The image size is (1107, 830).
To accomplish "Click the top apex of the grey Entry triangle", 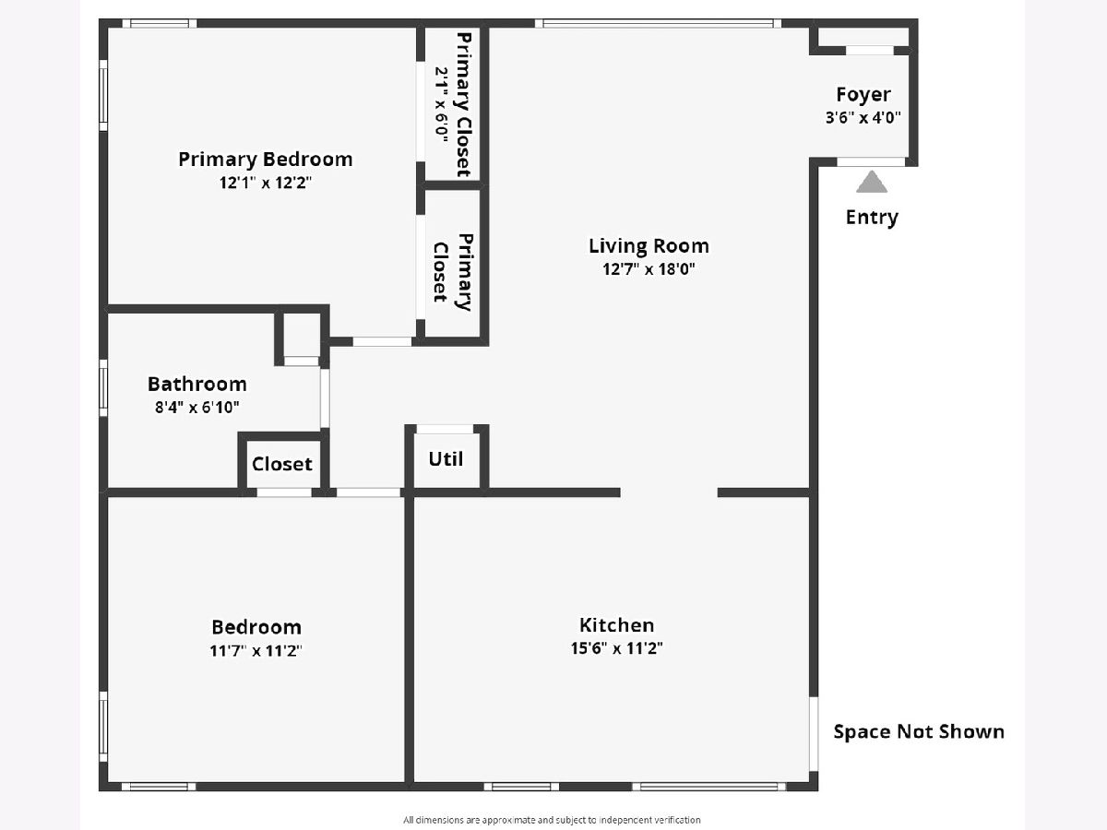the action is pyautogui.click(x=872, y=172).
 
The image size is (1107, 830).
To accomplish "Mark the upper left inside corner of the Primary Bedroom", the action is pyautogui.click(x=108, y=28).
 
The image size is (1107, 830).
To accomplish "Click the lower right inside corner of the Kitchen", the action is pyautogui.click(x=809, y=782).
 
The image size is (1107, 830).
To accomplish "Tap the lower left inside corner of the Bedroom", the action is pyautogui.click(x=108, y=782).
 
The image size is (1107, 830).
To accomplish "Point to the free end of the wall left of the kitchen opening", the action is pyautogui.click(x=620, y=492).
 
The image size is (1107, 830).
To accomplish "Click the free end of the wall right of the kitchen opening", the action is pyautogui.click(x=718, y=492).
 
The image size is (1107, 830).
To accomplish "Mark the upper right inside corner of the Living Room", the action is pyautogui.click(x=809, y=28).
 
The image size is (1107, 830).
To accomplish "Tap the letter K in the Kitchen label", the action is pyautogui.click(x=585, y=625).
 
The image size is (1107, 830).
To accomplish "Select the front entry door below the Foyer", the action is pyautogui.click(x=871, y=161).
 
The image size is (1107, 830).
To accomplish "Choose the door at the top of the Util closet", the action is pyautogui.click(x=445, y=429).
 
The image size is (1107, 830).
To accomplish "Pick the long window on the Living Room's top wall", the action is pyautogui.click(x=658, y=23).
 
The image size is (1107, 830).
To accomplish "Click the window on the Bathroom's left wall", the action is pyautogui.click(x=103, y=387).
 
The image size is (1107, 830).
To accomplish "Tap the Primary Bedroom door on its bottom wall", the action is pyautogui.click(x=382, y=341).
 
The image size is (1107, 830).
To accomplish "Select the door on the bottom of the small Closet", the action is pyautogui.click(x=284, y=492).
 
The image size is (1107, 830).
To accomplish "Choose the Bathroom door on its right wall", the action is pyautogui.click(x=325, y=398).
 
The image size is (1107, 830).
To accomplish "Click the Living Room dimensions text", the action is pyautogui.click(x=649, y=269).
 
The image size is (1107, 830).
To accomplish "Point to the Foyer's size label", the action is pyautogui.click(x=863, y=118).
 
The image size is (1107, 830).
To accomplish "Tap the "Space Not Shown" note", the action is pyautogui.click(x=919, y=731).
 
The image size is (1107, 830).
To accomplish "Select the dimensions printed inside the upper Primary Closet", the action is pyautogui.click(x=441, y=104).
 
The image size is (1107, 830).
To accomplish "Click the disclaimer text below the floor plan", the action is pyautogui.click(x=552, y=820).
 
